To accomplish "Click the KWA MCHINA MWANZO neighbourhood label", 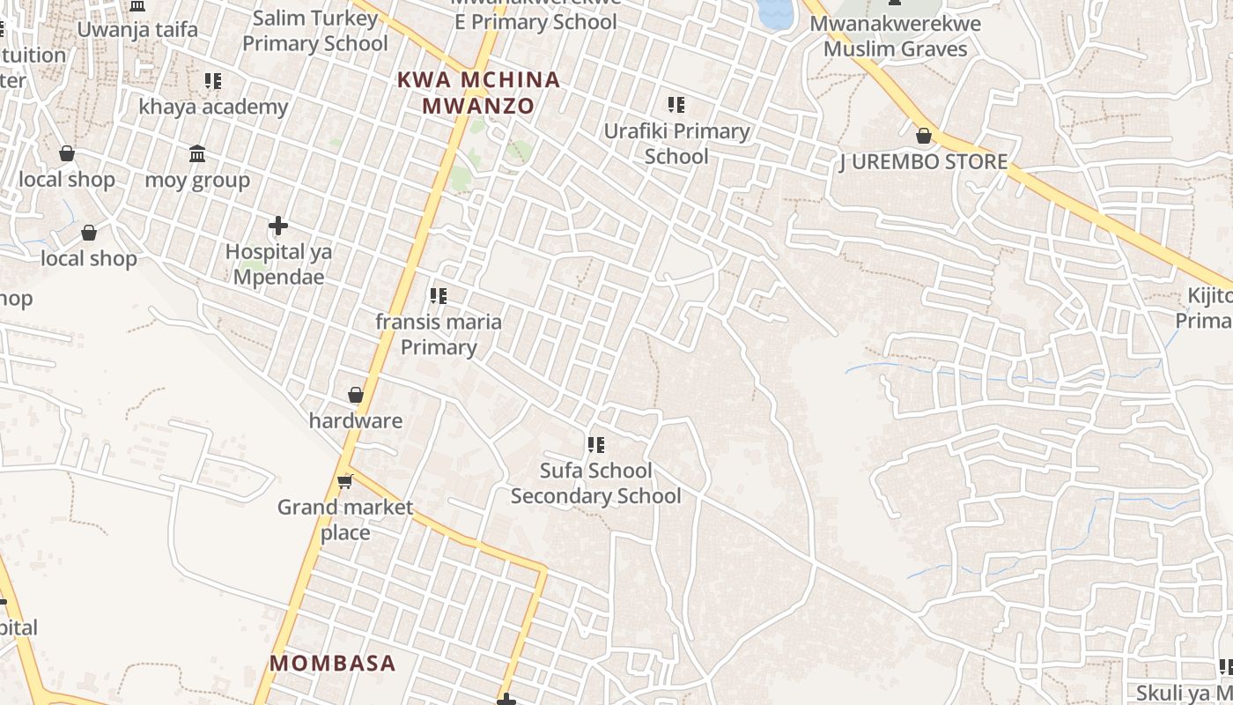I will pyautogui.click(x=478, y=93).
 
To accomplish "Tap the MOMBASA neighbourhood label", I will pyautogui.click(x=333, y=663).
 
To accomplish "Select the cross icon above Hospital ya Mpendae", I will pyautogui.click(x=278, y=226).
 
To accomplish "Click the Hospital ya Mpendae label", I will pyautogui.click(x=278, y=264).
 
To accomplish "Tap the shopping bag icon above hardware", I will pyautogui.click(x=356, y=395).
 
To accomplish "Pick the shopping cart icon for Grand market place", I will pyautogui.click(x=345, y=481).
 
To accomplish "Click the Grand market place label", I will pyautogui.click(x=345, y=520).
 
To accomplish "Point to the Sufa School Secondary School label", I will pyautogui.click(x=596, y=483).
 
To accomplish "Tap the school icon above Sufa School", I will pyautogui.click(x=596, y=445).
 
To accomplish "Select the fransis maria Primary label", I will pyautogui.click(x=439, y=334).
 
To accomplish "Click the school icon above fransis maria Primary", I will pyautogui.click(x=438, y=296).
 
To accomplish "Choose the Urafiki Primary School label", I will pyautogui.click(x=676, y=144).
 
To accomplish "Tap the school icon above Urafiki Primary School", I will pyautogui.click(x=676, y=106).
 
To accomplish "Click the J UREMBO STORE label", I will pyautogui.click(x=923, y=162).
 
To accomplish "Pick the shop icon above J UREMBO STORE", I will pyautogui.click(x=924, y=136).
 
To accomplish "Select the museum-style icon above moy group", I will pyautogui.click(x=197, y=154).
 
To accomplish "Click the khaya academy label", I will pyautogui.click(x=213, y=107).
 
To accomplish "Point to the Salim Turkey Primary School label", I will pyautogui.click(x=314, y=31).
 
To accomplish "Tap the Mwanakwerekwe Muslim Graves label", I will pyautogui.click(x=895, y=36).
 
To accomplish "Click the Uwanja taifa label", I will pyautogui.click(x=137, y=29).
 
